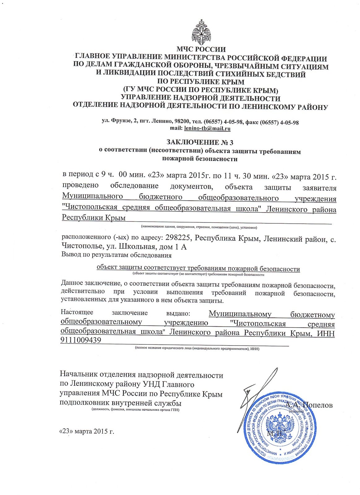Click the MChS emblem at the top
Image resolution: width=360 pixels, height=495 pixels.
click(201, 32)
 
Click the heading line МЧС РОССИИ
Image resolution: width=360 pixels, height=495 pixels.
click(201, 49)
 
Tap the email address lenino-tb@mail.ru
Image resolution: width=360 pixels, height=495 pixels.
click(207, 128)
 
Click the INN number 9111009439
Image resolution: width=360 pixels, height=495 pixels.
click(81, 340)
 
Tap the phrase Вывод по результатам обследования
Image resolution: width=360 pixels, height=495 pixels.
click(117, 255)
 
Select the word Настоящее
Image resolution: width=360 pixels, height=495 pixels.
click(77, 312)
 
